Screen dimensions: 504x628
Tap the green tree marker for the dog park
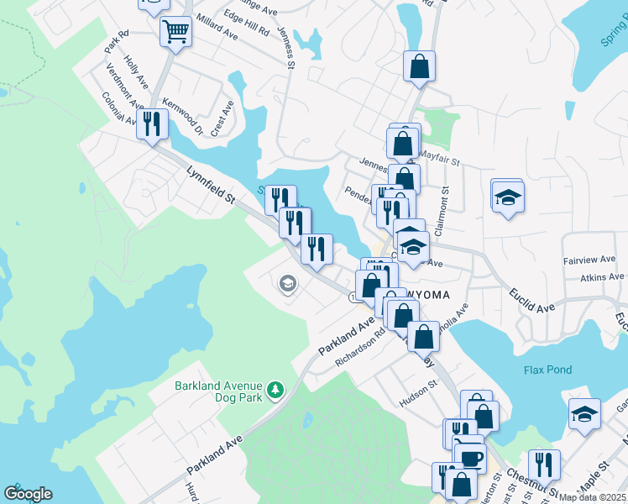tap(275, 391)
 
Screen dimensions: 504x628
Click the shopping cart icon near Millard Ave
tap(176, 33)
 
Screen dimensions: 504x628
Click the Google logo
tap(28, 494)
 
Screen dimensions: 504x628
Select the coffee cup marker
tap(470, 458)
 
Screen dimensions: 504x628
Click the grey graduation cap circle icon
tap(287, 284)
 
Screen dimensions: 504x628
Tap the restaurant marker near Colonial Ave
tap(152, 124)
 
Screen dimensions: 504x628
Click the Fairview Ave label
tap(593, 260)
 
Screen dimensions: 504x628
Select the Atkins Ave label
tap(601, 276)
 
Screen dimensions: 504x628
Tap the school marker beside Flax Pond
tap(584, 414)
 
